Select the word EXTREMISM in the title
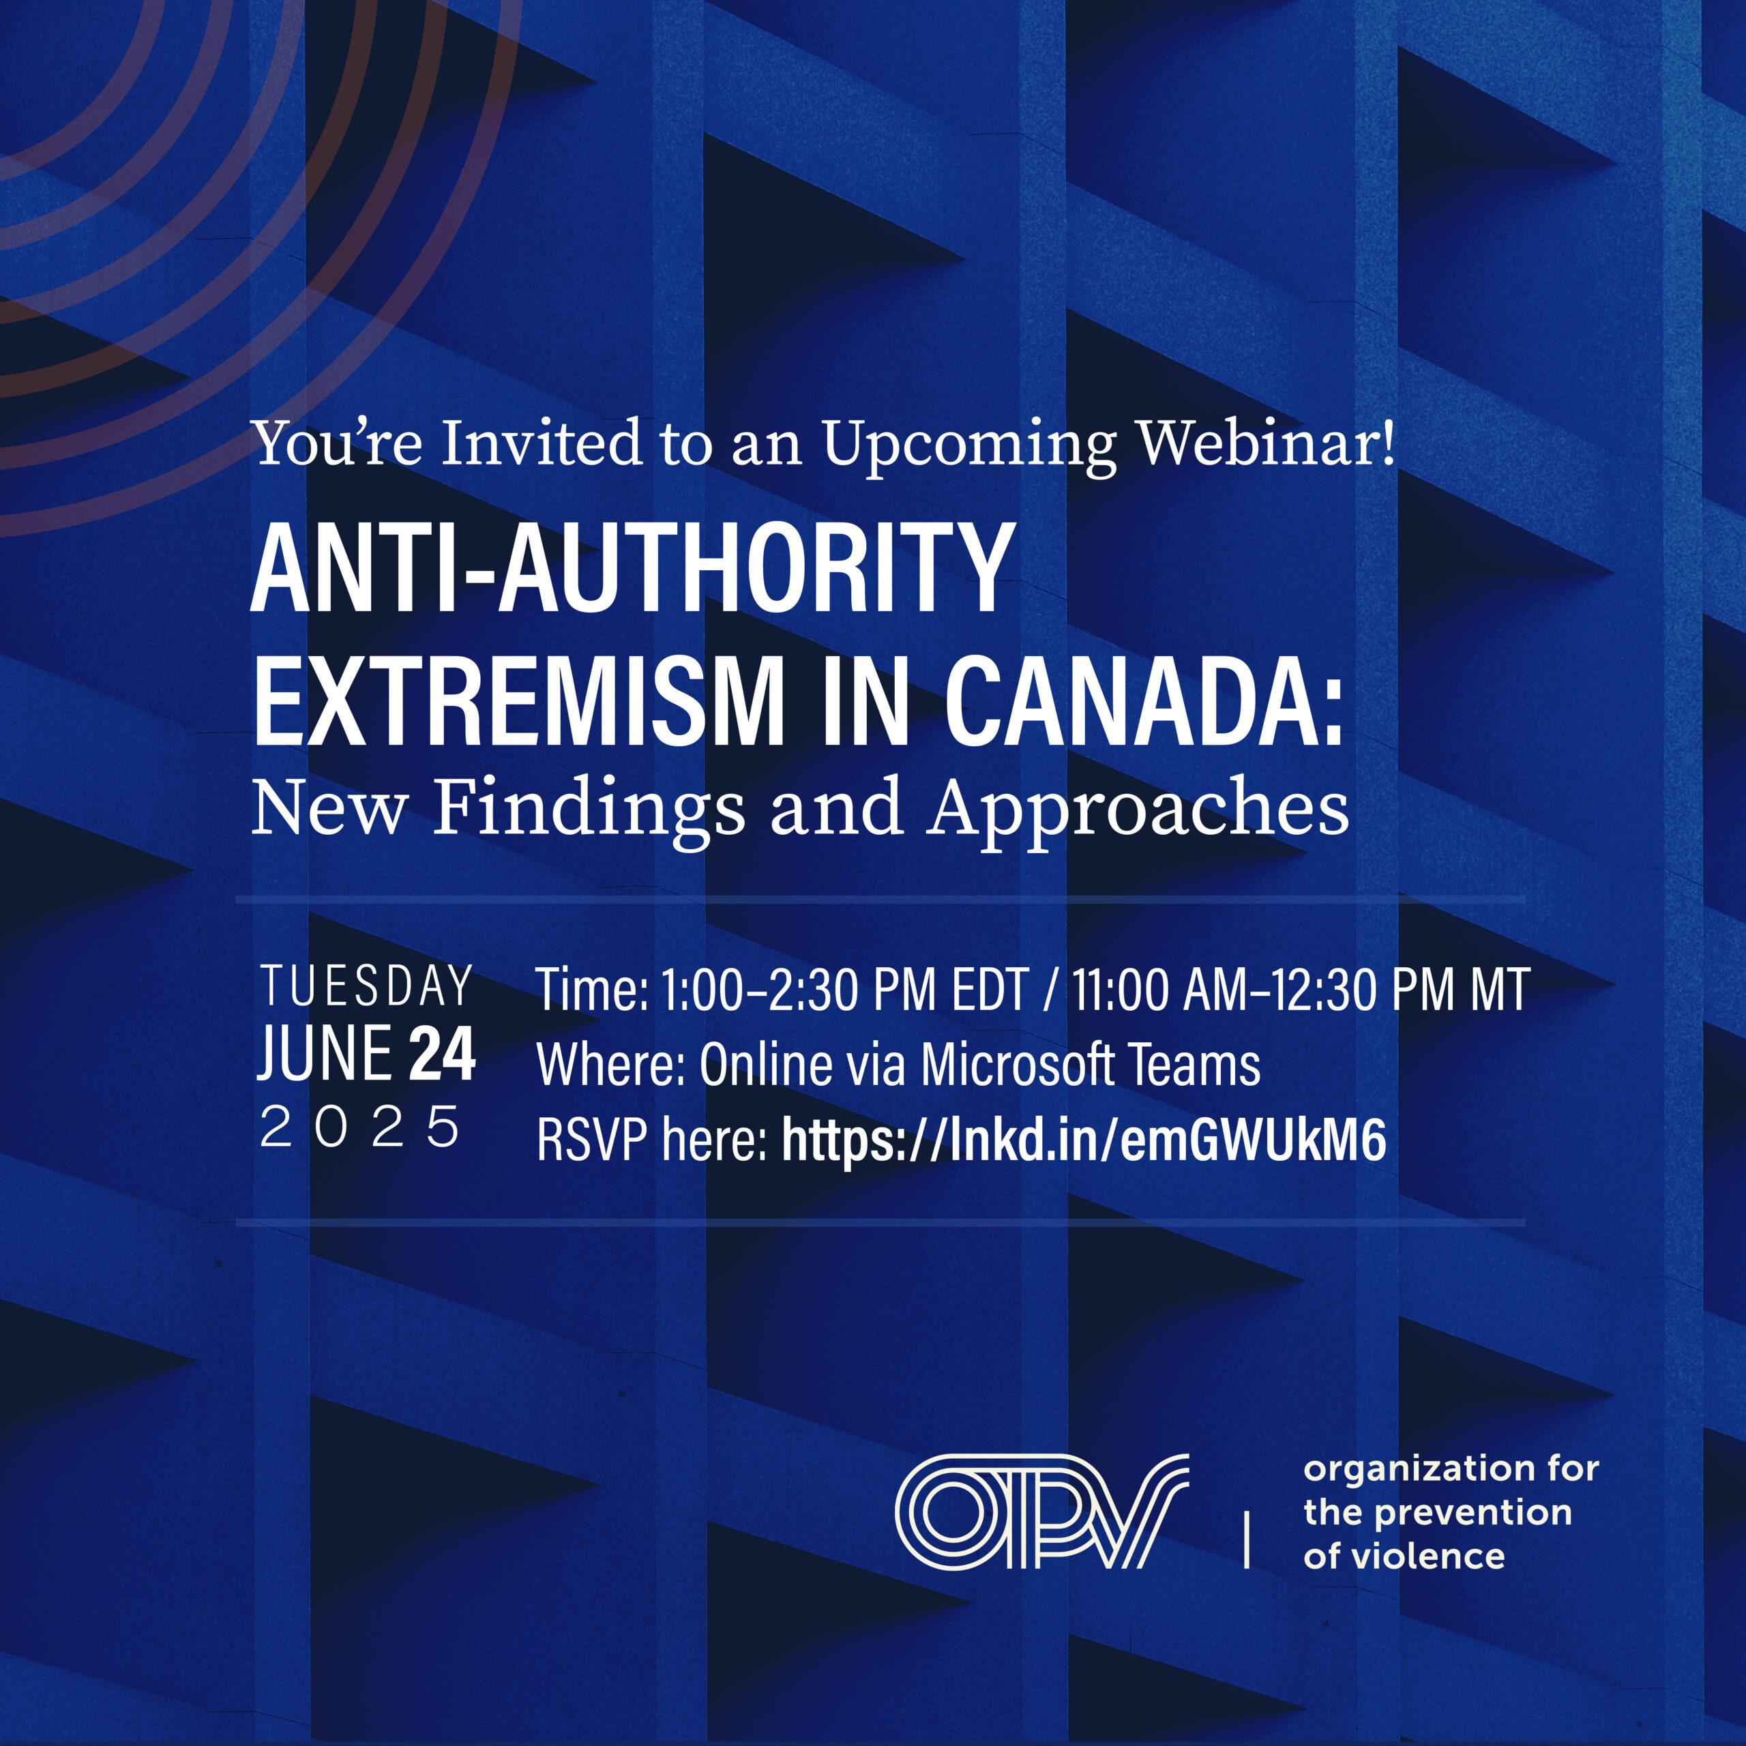[517, 702]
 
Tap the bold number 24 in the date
[442, 1054]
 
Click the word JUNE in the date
[325, 1054]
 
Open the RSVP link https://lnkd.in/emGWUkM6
[1084, 1140]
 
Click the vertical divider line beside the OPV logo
[1248, 1537]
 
